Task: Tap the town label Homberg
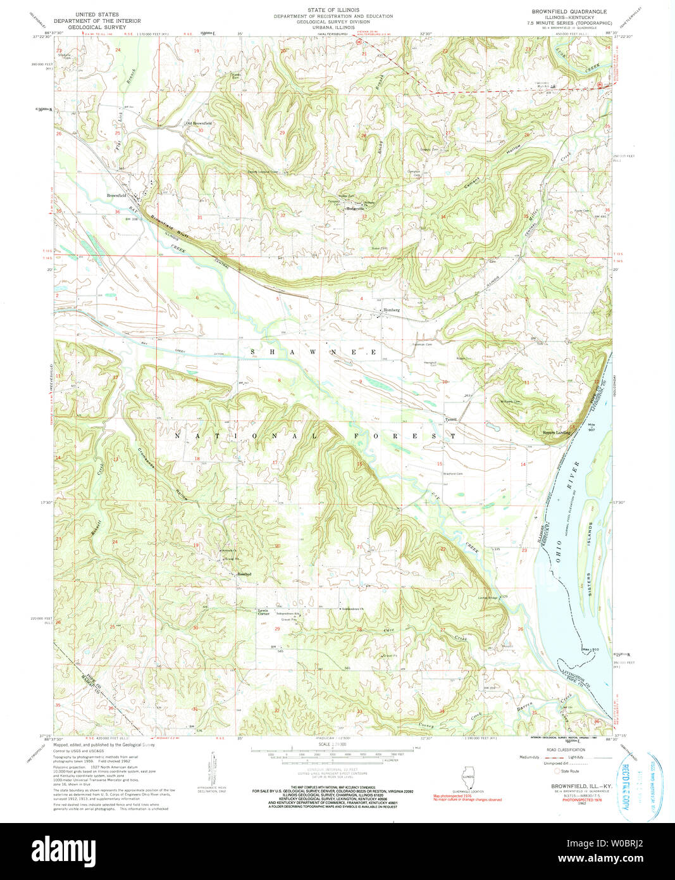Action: [x=393, y=310]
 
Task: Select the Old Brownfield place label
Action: [x=198, y=123]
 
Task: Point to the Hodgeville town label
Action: [x=356, y=208]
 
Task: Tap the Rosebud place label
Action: [x=245, y=574]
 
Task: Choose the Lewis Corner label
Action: [x=263, y=612]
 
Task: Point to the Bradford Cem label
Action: [x=454, y=474]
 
